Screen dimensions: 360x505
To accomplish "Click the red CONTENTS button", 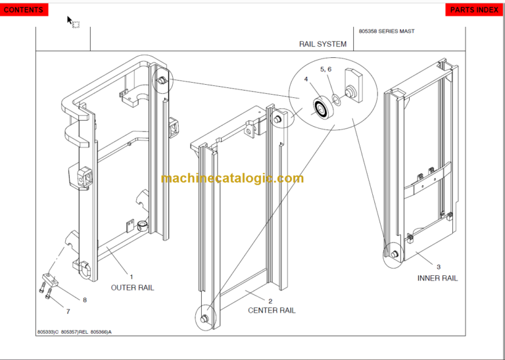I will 24,10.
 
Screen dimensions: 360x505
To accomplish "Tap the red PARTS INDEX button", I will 474,10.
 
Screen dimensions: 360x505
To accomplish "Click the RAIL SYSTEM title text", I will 322,45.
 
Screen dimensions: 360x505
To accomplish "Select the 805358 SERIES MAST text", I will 387,31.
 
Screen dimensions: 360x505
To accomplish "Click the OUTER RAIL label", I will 132,288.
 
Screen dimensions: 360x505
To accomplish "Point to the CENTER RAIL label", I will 272,310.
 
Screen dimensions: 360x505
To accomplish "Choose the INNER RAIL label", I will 437,278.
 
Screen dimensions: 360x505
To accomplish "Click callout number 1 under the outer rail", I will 131,277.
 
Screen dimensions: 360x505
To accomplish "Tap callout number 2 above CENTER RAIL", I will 270,301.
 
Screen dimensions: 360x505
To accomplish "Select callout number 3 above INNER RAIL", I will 439,267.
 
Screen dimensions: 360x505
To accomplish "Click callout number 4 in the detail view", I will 306,79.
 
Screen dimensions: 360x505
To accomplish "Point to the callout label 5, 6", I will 326,69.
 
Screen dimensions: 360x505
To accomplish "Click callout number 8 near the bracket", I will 84,300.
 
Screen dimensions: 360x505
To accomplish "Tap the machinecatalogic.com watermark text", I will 232,179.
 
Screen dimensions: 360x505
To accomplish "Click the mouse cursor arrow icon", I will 70,20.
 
